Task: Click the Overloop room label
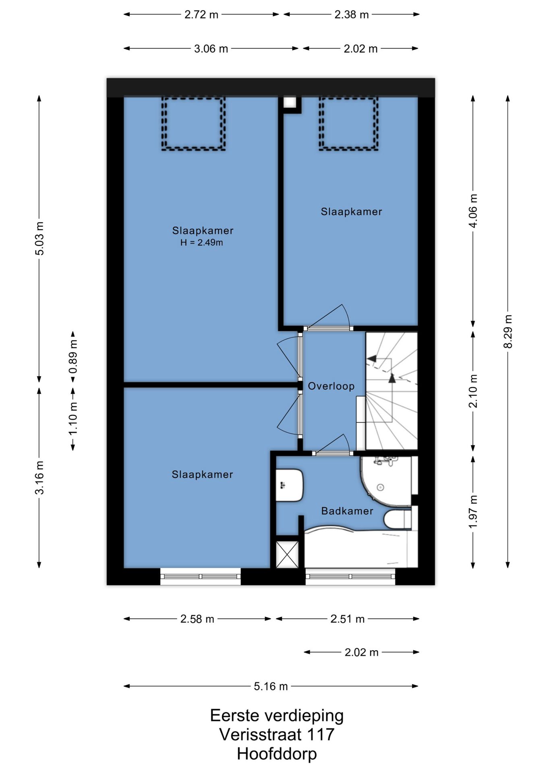pos(331,386)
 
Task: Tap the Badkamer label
pos(347,511)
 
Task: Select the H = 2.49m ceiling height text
pos(202,242)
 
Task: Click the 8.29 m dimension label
pos(508,331)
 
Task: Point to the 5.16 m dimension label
pos(271,686)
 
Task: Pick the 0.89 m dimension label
pos(73,357)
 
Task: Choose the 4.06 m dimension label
pos(473,211)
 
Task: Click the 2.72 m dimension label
pos(201,14)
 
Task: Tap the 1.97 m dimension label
pos(473,512)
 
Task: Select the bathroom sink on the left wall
pos(289,485)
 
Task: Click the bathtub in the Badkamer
pos(361,547)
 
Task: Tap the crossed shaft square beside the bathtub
pos(287,554)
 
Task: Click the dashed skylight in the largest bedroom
pos(193,124)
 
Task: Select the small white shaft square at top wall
pos(290,102)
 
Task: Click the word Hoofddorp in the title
pos(277,754)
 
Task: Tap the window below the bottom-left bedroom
pos(201,576)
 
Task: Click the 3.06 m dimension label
pos(211,49)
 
